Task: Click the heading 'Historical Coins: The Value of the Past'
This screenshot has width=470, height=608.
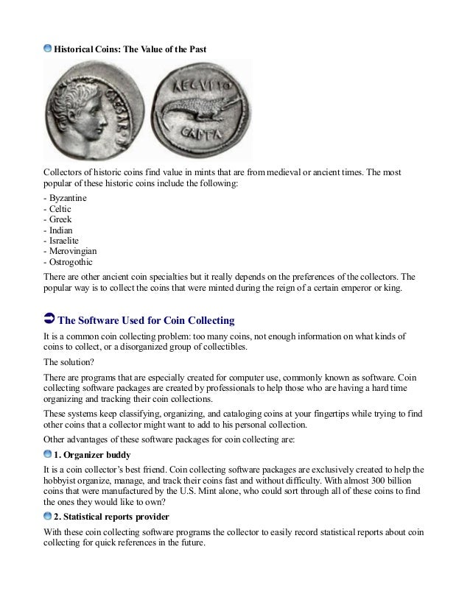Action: point(130,49)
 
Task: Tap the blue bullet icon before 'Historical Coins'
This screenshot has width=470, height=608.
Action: point(48,49)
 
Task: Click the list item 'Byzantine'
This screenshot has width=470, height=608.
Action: point(67,199)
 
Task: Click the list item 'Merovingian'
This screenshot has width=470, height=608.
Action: point(72,250)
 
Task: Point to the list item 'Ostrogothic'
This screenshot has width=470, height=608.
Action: point(70,261)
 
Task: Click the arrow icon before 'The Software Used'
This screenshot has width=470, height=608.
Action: point(49,320)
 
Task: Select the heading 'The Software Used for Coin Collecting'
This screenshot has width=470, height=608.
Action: point(146,320)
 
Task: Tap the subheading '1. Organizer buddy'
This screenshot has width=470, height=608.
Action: point(92,454)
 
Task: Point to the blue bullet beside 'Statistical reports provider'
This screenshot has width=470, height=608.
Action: point(48,516)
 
